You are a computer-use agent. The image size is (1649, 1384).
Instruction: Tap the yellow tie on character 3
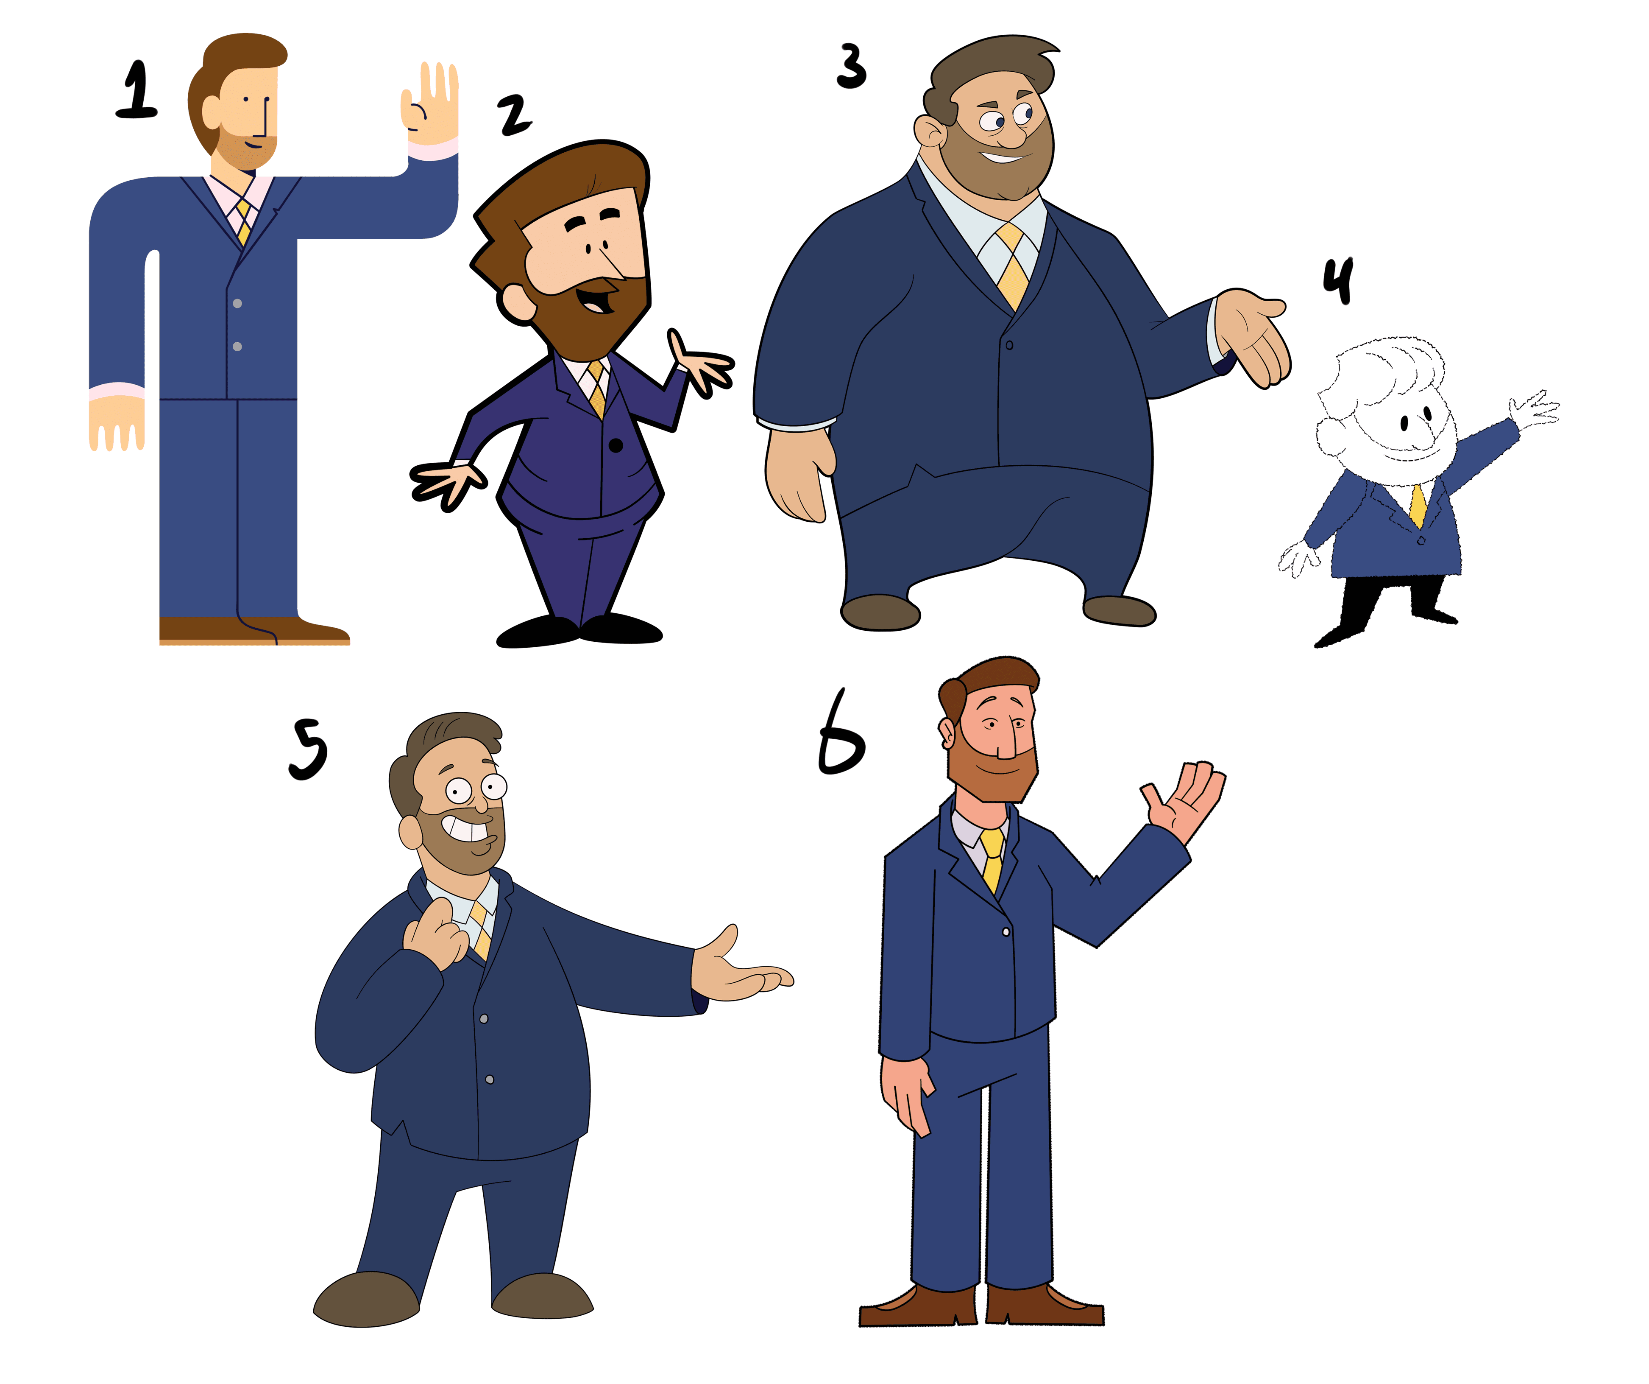pyautogui.click(x=1012, y=266)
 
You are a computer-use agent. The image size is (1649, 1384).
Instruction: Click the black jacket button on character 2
pyautogui.click(x=616, y=445)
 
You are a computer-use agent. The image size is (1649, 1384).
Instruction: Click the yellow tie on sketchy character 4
pyautogui.click(x=1418, y=505)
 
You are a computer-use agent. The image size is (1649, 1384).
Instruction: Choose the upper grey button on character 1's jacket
pyautogui.click(x=237, y=303)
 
